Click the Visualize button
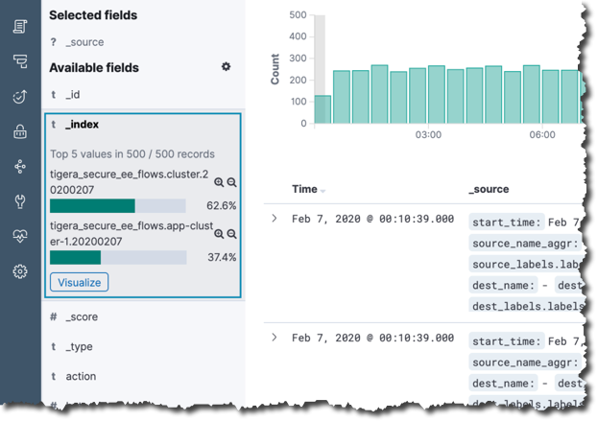(x=79, y=282)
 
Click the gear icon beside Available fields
(x=226, y=67)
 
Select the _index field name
(x=82, y=125)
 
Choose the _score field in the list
(x=81, y=317)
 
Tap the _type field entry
(x=79, y=347)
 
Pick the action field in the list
(x=81, y=377)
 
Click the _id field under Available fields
(x=73, y=95)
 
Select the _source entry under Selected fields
(x=84, y=42)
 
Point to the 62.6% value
(x=221, y=206)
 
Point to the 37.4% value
(x=221, y=258)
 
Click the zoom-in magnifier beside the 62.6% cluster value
(x=219, y=182)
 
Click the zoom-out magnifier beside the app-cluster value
(x=232, y=234)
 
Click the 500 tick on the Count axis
(x=297, y=15)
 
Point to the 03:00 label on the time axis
(x=428, y=135)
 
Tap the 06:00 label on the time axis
(x=542, y=135)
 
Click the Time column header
(x=304, y=190)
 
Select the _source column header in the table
(x=489, y=190)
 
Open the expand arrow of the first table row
(x=275, y=219)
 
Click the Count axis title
(x=275, y=68)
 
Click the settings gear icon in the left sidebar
(x=20, y=271)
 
